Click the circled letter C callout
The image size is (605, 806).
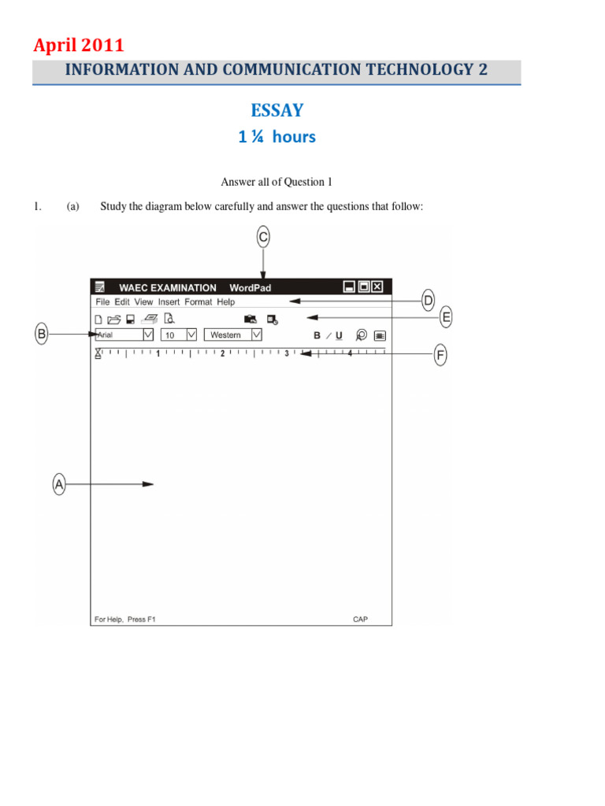[263, 235]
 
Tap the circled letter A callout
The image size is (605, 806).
[59, 484]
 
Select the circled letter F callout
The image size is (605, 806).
[441, 356]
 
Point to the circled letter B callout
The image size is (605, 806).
[42, 335]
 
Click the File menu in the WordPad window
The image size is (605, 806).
[102, 301]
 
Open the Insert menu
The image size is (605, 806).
[169, 301]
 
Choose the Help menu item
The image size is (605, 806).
[226, 301]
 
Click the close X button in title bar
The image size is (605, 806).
[377, 287]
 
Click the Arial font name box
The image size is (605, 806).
[118, 335]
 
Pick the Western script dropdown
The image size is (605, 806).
[227, 335]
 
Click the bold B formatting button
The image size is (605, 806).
[317, 335]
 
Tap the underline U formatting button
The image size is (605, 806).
[340, 335]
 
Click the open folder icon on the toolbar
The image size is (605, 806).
[113, 320]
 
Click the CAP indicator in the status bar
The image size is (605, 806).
[360, 619]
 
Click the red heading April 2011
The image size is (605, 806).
[78, 46]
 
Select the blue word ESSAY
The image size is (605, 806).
[277, 111]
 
